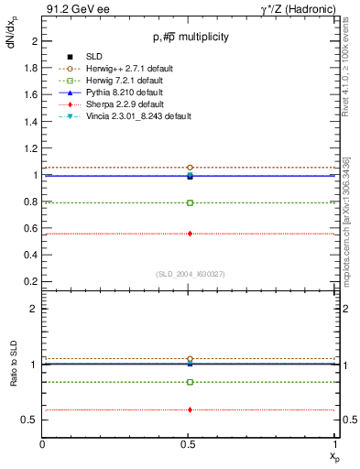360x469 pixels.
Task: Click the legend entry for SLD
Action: coord(92,57)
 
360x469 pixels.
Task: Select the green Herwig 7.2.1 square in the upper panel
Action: coord(190,202)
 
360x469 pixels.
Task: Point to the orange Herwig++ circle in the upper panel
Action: coord(190,168)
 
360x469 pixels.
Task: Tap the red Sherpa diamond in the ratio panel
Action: coord(190,409)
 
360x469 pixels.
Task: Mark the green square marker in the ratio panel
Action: coord(190,382)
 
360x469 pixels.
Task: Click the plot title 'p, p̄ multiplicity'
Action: coord(191,38)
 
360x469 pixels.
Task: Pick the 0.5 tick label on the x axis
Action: coord(190,445)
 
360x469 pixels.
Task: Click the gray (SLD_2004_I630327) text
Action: coord(191,274)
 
